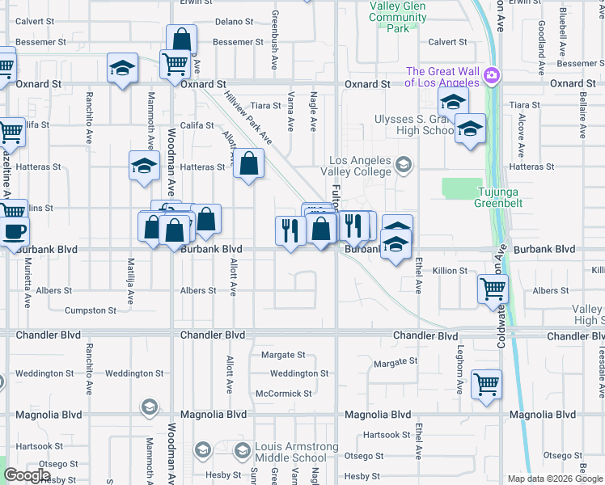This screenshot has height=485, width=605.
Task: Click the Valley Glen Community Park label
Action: click(397, 17)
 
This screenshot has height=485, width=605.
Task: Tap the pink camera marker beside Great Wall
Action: click(491, 77)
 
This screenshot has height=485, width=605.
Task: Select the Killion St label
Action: click(450, 271)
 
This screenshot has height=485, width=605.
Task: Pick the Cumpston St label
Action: click(91, 310)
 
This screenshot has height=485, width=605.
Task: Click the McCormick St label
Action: click(283, 394)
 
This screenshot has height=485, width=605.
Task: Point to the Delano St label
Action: click(235, 22)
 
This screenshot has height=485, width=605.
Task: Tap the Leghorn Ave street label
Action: click(459, 376)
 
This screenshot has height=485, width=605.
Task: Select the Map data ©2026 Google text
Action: click(554, 479)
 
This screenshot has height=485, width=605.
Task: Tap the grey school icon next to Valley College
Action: click(403, 167)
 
